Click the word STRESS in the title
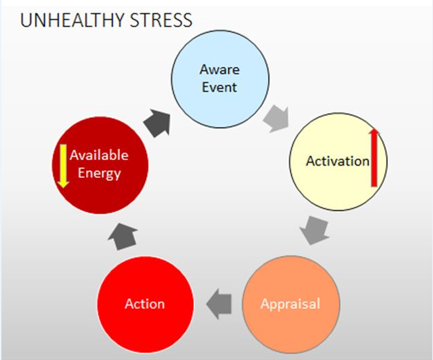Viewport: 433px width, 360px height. click(161, 20)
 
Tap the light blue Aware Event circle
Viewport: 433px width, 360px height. click(220, 79)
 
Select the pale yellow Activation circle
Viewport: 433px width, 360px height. click(339, 161)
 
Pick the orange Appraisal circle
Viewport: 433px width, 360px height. click(291, 304)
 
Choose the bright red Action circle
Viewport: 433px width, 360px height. click(145, 304)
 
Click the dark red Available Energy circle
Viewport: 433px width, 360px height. click(100, 166)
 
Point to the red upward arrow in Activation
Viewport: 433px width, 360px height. click(374, 157)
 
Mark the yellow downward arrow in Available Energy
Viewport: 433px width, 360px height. click(63, 166)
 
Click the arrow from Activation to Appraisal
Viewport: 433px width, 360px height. click(314, 230)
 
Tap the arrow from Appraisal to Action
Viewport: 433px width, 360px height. click(219, 304)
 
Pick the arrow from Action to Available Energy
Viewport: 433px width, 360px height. click(123, 237)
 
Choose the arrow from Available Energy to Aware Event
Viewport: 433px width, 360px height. click(157, 123)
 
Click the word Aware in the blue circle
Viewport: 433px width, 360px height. click(219, 70)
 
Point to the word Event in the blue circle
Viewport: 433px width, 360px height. click(219, 88)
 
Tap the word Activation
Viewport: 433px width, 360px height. click(337, 161)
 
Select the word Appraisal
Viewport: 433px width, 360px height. click(290, 304)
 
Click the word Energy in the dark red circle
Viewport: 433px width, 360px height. click(99, 174)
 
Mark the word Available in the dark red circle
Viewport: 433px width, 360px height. click(99, 155)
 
